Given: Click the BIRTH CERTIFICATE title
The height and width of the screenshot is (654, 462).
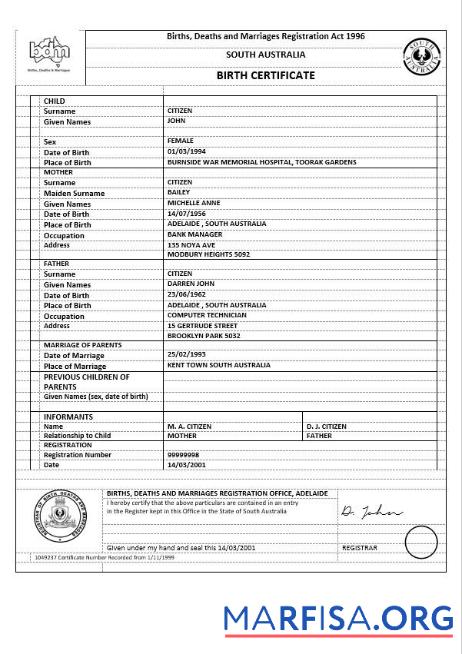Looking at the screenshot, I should coord(265,75).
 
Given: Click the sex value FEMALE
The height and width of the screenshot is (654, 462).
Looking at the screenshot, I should coord(181,141).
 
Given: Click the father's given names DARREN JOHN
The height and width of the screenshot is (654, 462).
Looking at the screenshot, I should coord(189,284).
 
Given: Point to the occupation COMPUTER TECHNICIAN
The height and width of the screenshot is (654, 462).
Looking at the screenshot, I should coord(207,315).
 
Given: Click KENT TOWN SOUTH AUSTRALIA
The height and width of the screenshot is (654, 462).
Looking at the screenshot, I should coord(219,366).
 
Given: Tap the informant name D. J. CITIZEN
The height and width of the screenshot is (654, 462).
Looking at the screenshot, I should coord(326,426).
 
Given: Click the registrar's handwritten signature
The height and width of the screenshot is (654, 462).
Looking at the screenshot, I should coord(370,512).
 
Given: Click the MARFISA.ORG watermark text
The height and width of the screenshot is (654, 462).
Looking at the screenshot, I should coord(338,619).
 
